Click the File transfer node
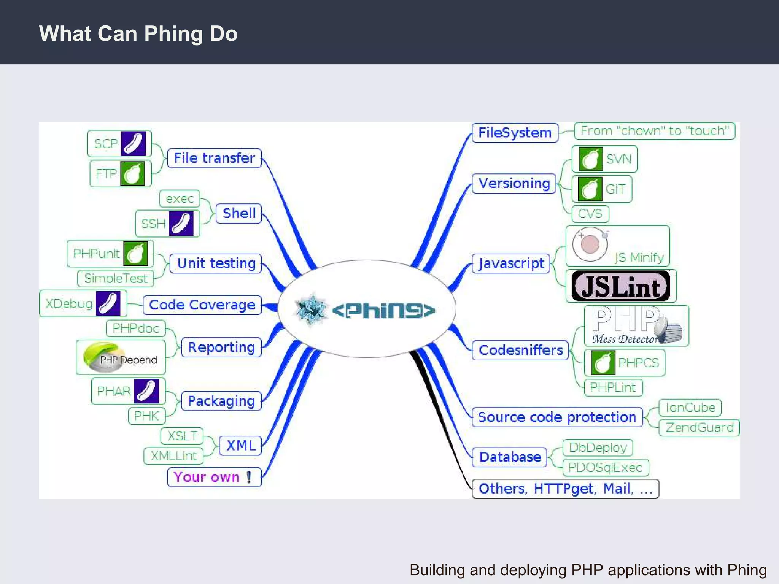(x=214, y=158)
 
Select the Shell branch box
(x=239, y=213)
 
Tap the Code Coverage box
(x=202, y=305)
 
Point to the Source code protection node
(x=557, y=417)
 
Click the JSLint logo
(x=621, y=286)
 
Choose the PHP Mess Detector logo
(x=636, y=326)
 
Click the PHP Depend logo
(x=120, y=357)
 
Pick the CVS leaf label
(x=590, y=214)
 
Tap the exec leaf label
(x=180, y=198)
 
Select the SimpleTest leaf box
(x=116, y=278)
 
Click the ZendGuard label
(x=699, y=428)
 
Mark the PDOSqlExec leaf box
(x=605, y=468)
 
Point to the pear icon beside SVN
(x=590, y=159)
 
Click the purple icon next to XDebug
(x=108, y=303)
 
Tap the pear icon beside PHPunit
(x=136, y=253)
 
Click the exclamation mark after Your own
(x=249, y=477)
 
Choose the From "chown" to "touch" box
(x=654, y=131)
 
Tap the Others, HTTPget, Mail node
(x=565, y=489)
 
